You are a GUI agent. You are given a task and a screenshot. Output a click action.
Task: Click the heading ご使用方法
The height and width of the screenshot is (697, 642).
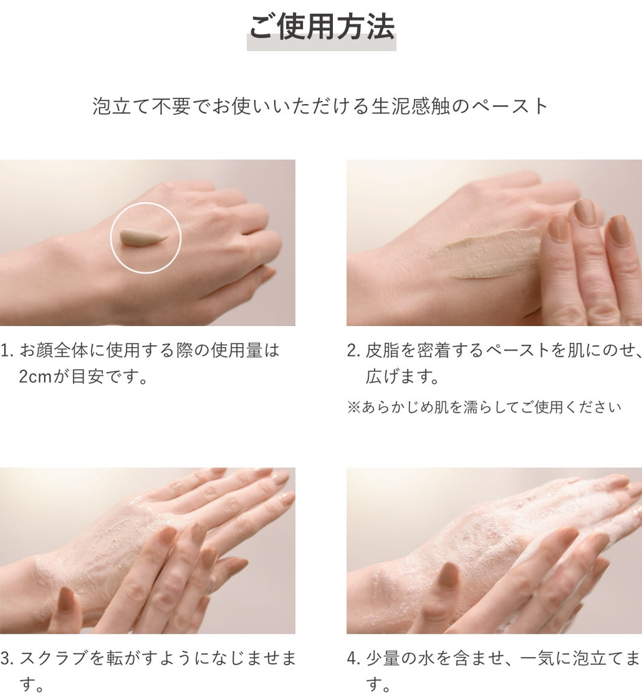[x=321, y=28]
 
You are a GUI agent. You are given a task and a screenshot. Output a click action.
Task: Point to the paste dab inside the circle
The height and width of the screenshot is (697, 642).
[x=142, y=238]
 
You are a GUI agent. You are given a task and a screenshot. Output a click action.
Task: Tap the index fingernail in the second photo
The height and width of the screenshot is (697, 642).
[x=558, y=228]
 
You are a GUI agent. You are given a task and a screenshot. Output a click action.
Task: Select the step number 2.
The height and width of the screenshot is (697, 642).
[x=352, y=351]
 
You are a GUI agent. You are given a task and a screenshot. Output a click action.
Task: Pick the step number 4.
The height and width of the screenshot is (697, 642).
[x=352, y=658]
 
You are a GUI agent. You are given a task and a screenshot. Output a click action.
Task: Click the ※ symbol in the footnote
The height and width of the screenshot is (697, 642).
[x=353, y=407]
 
